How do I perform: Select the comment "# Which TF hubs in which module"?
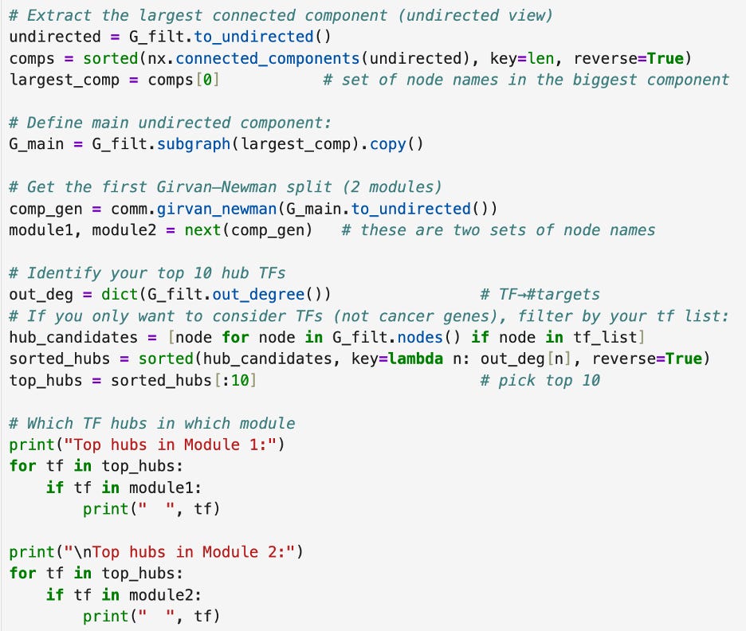[x=151, y=423]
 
